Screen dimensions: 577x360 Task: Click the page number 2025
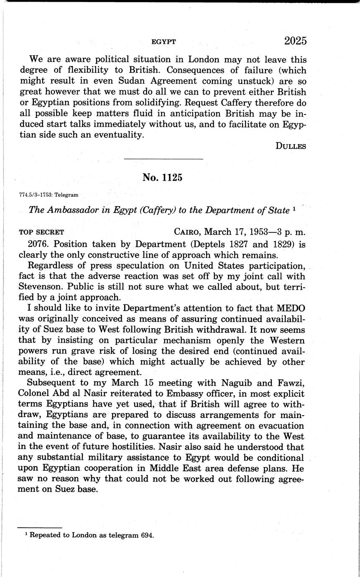coord(295,41)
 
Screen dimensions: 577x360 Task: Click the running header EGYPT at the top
coord(163,42)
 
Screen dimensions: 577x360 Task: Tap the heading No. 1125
coord(162,177)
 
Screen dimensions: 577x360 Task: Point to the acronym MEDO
coord(290,308)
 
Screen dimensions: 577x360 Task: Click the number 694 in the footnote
coord(147,535)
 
